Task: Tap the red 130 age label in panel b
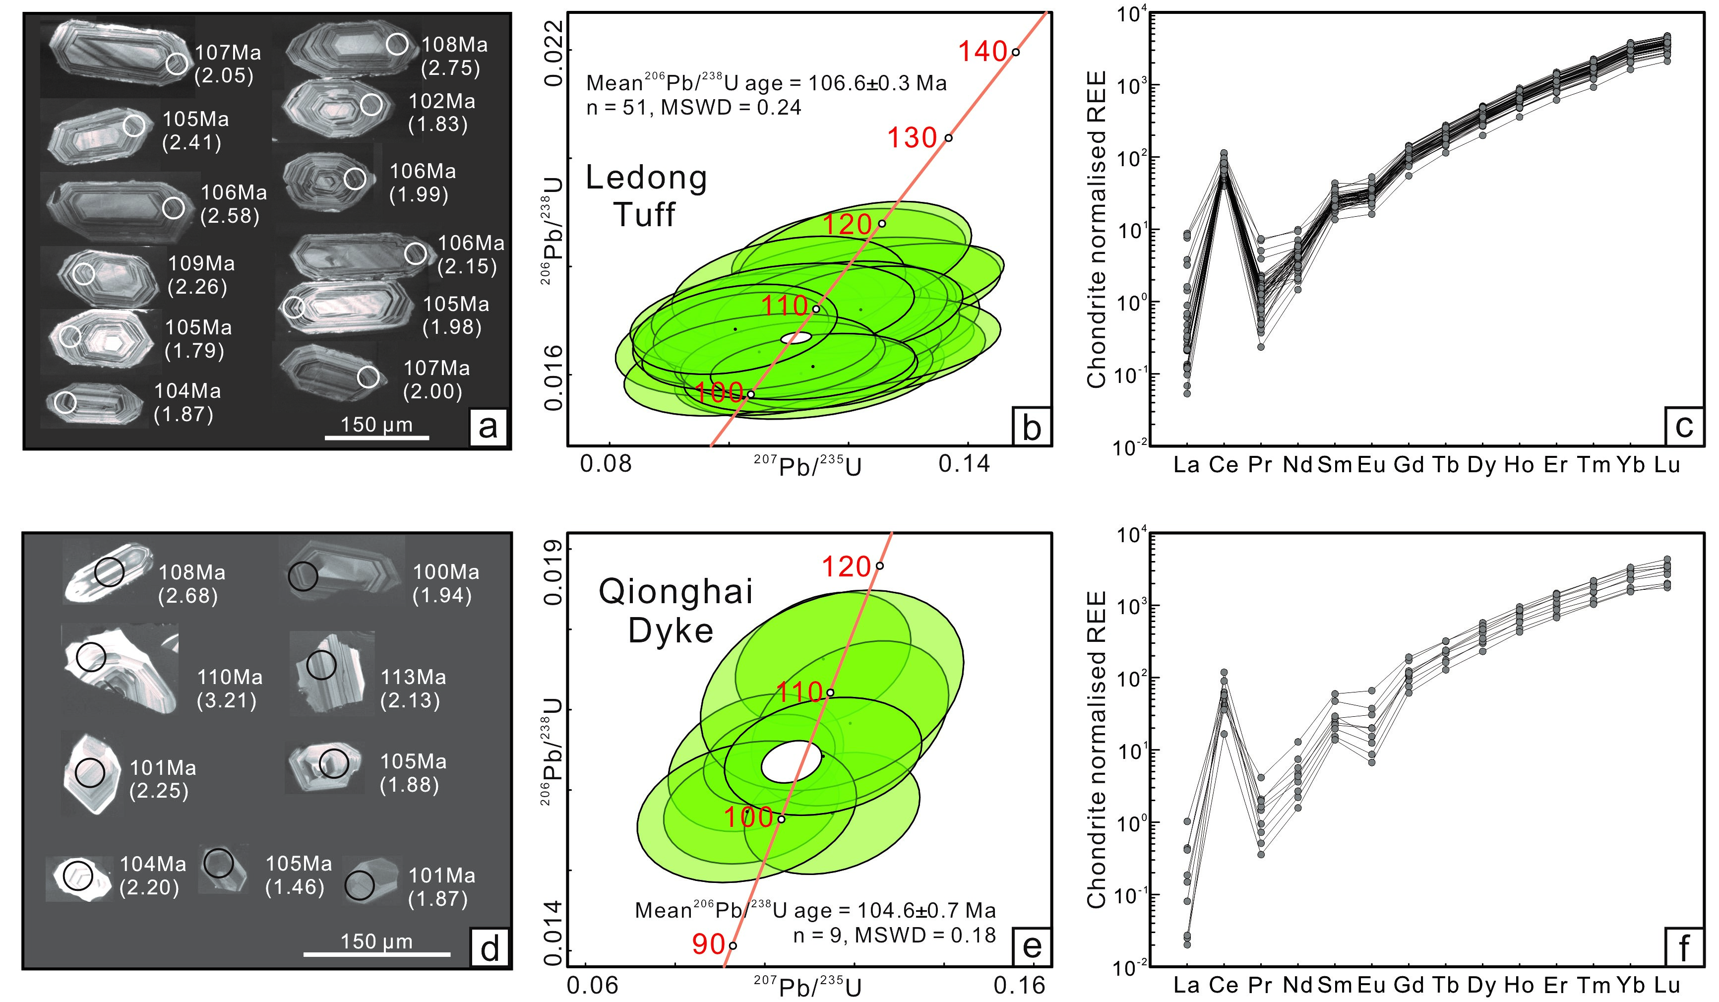[912, 138]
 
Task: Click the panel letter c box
[1683, 426]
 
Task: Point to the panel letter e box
[1032, 947]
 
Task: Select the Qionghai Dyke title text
[675, 611]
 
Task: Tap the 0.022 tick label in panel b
[554, 53]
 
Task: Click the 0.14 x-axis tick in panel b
[964, 464]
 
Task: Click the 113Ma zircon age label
[413, 677]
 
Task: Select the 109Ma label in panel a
[201, 263]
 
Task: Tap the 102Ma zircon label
[441, 102]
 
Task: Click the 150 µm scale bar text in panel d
[376, 941]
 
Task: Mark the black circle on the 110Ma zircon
[91, 656]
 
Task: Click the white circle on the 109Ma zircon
[84, 273]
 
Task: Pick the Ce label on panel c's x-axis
[1223, 464]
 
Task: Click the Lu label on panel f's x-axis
[1666, 984]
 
